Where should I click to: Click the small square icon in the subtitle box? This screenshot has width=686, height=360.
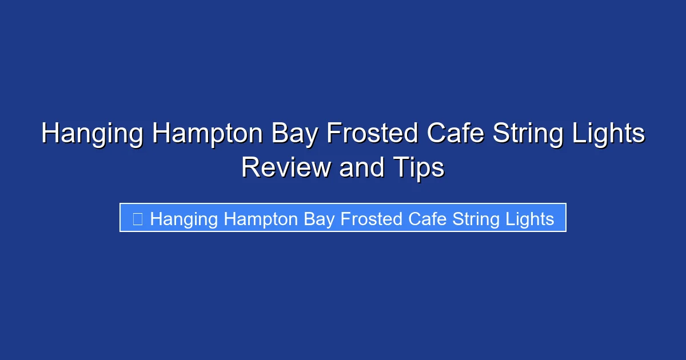click(x=137, y=219)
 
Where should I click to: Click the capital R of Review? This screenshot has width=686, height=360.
click(x=250, y=168)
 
